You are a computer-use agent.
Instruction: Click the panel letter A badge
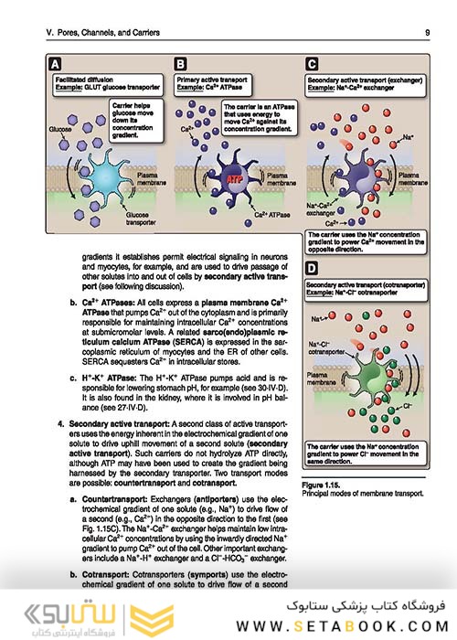click(x=56, y=65)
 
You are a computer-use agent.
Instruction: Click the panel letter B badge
click(x=180, y=65)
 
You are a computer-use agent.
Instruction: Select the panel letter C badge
click(x=312, y=65)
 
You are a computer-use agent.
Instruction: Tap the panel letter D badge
click(x=312, y=271)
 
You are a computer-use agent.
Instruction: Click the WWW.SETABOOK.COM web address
click(x=339, y=627)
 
